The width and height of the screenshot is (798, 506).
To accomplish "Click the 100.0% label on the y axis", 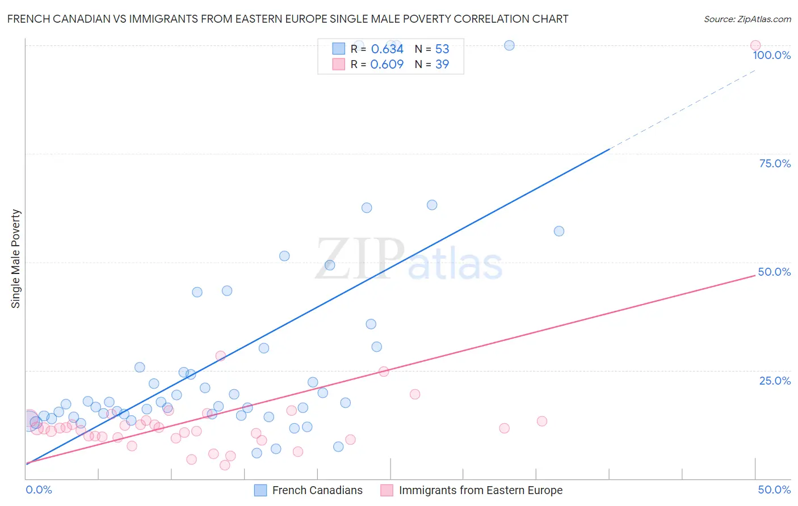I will (x=771, y=55).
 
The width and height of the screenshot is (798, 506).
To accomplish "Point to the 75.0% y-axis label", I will (x=775, y=163).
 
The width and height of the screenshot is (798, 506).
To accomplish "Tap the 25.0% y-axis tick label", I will (x=775, y=380).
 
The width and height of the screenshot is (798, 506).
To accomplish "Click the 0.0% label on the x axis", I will (x=39, y=490).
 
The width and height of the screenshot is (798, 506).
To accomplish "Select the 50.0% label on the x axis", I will (x=774, y=490).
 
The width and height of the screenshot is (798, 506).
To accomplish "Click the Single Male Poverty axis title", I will (x=16, y=259).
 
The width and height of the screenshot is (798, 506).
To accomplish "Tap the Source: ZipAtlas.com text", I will (x=747, y=19).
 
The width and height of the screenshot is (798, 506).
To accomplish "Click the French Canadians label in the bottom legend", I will (x=317, y=490).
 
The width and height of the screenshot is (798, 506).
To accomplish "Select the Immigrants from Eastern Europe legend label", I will (x=480, y=490).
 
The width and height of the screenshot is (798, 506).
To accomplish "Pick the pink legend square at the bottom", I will (x=387, y=490).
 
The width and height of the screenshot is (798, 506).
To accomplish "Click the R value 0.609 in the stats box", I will (x=387, y=64).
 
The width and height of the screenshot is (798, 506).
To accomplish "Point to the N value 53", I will (x=442, y=49).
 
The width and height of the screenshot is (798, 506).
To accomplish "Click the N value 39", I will (x=442, y=64).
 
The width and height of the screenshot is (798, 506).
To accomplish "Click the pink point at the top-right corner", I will (x=755, y=45).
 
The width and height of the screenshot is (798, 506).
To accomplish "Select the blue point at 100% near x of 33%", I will (x=509, y=45).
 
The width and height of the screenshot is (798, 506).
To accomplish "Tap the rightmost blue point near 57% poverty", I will (x=558, y=231).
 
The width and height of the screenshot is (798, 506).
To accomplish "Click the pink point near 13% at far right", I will (x=541, y=421).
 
